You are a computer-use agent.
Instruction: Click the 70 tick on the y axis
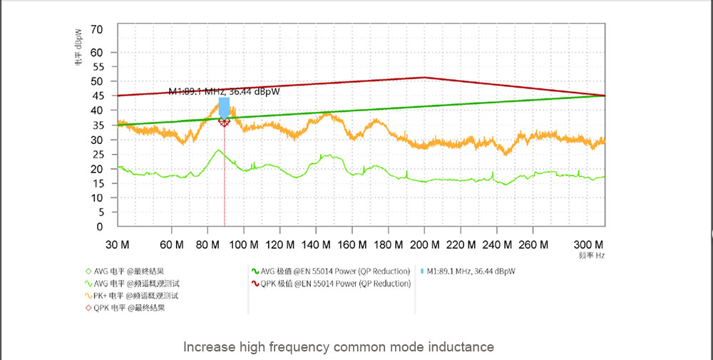click(97, 29)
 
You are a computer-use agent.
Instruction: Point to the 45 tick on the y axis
click(97, 96)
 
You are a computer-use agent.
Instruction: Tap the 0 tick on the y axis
click(100, 227)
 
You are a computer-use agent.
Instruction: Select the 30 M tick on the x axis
click(117, 245)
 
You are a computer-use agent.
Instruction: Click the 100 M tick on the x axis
click(244, 245)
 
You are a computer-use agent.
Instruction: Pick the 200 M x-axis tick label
click(424, 245)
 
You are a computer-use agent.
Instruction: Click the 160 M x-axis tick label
click(352, 245)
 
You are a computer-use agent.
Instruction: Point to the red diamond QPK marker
click(224, 123)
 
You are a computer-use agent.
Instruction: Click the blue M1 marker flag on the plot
click(224, 108)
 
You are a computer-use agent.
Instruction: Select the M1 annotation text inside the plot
click(223, 91)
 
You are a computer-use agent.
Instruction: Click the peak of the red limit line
click(424, 78)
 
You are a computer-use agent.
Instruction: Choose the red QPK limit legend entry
click(334, 283)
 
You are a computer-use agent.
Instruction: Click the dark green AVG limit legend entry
click(334, 271)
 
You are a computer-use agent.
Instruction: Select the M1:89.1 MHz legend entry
click(470, 271)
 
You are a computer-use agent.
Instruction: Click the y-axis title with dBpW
click(78, 47)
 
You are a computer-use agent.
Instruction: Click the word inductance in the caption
click(461, 347)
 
